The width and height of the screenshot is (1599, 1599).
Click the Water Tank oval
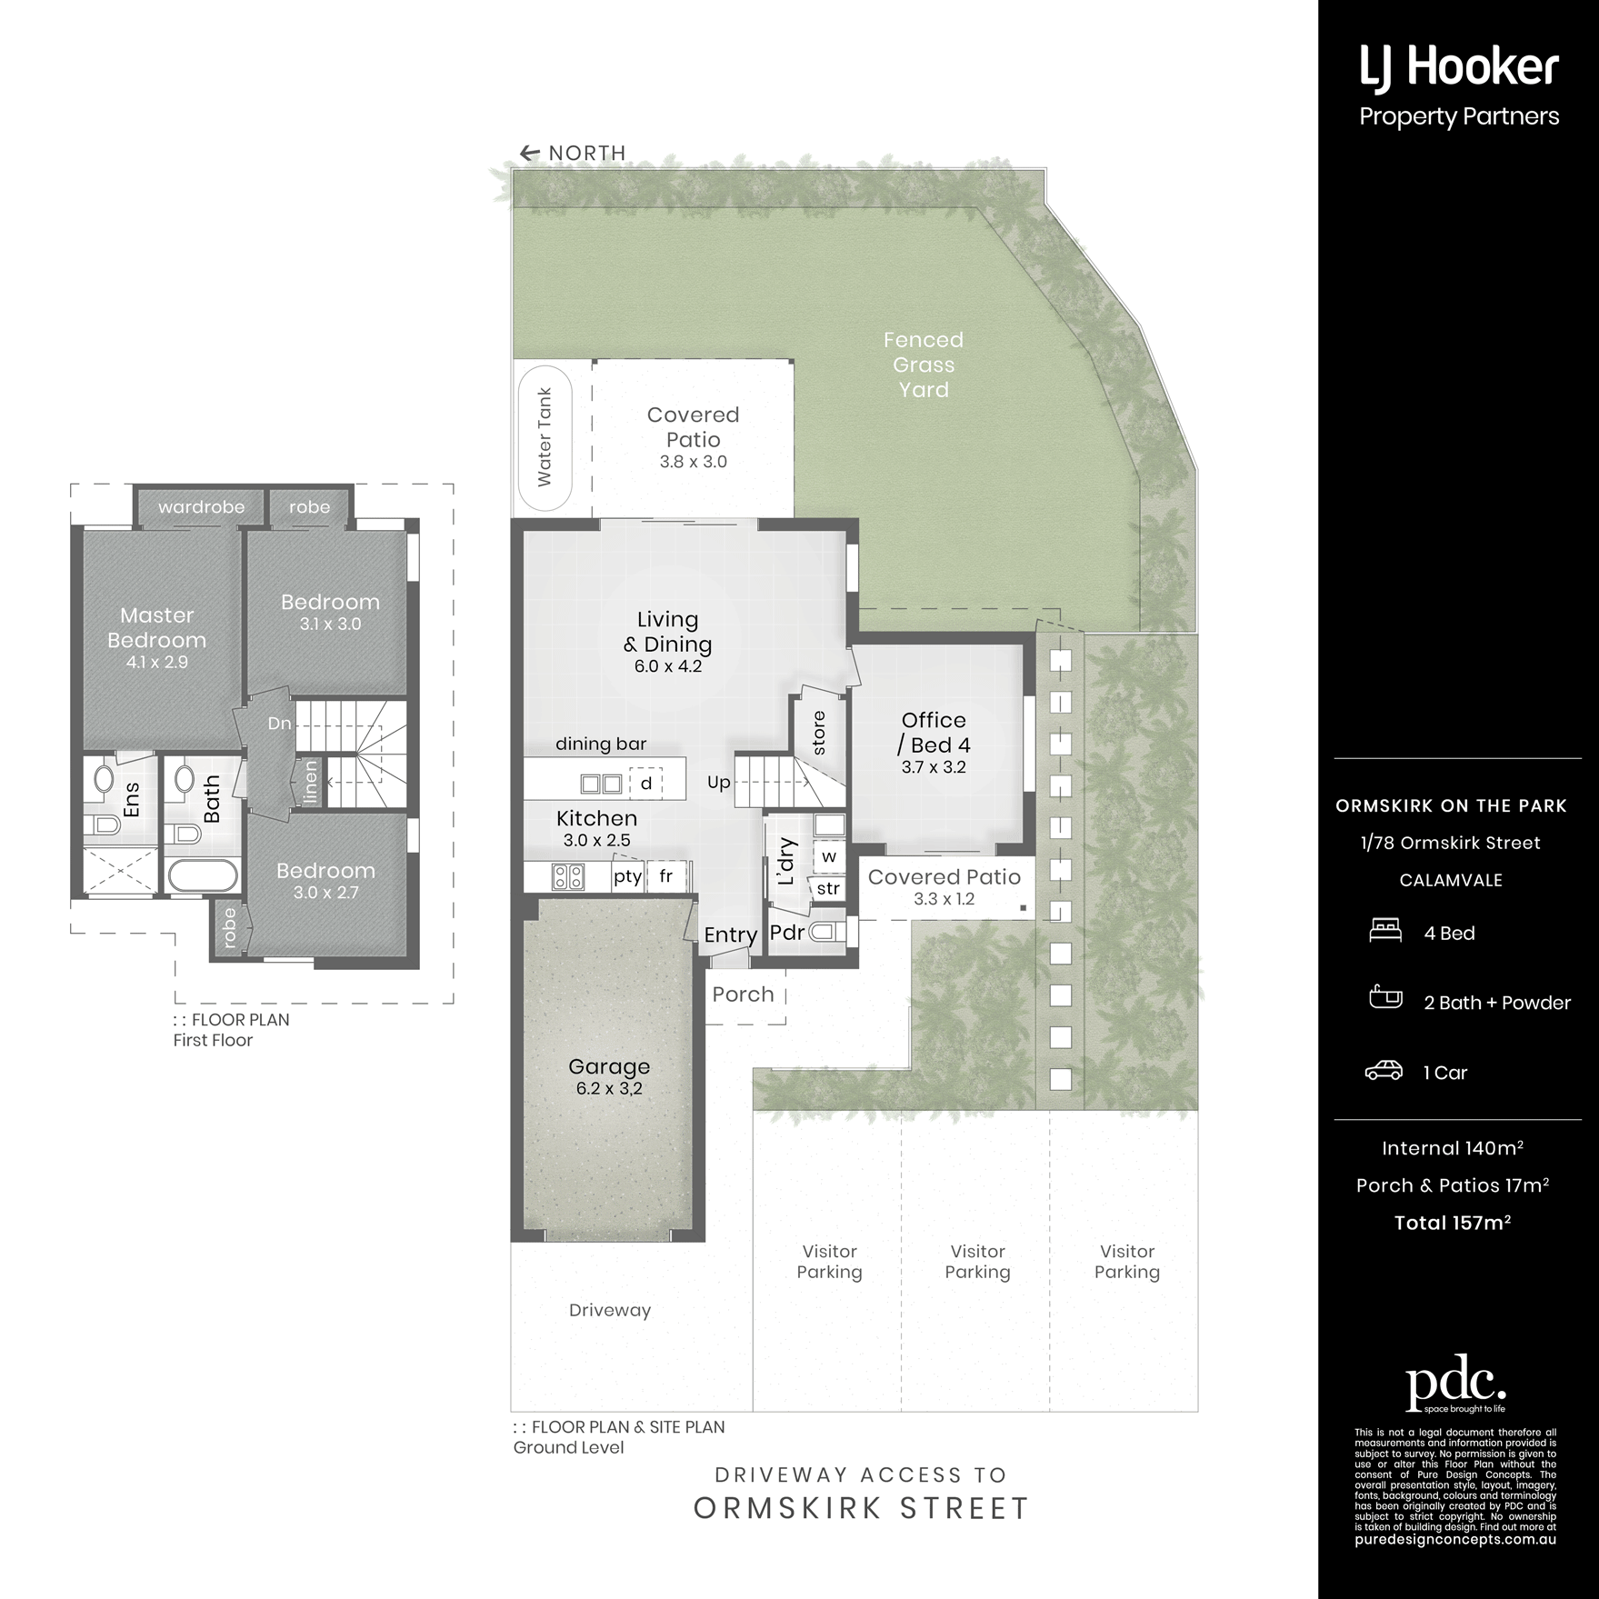tap(545, 437)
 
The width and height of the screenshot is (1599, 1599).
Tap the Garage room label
tap(609, 1066)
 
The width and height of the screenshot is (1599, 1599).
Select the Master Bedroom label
tap(156, 627)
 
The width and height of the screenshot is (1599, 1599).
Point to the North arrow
tap(528, 154)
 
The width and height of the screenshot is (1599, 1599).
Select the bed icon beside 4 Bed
tap(1384, 931)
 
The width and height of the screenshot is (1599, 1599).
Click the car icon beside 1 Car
tap(1384, 1071)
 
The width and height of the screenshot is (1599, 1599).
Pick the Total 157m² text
tap(1453, 1223)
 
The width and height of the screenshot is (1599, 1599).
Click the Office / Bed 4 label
tap(934, 733)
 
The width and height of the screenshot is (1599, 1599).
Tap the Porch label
tap(743, 994)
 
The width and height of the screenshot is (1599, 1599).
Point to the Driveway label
tap(610, 1310)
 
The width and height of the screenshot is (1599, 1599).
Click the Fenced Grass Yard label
tap(924, 365)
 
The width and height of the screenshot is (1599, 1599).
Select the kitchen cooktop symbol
tap(569, 877)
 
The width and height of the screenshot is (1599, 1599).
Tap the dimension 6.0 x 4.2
tap(668, 666)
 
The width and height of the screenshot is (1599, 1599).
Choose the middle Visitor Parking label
tap(977, 1262)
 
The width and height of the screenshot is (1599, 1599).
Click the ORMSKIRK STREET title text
tap(861, 1509)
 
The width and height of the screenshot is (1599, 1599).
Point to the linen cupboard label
tap(311, 781)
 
